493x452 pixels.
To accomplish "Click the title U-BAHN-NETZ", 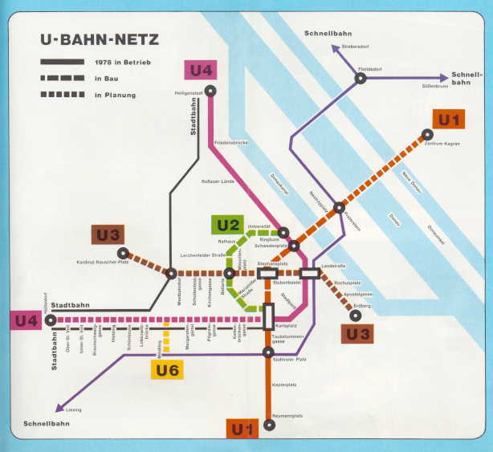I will click(100, 39).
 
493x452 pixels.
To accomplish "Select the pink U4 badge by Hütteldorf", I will click(25, 320).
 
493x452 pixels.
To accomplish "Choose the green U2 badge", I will click(226, 225).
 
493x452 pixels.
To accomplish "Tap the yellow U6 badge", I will click(167, 369).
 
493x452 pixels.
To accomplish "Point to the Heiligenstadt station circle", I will click(210, 92).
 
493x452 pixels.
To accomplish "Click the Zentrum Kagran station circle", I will click(428, 134).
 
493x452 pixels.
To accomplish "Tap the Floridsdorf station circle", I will click(361, 78).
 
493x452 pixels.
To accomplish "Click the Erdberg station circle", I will click(356, 315).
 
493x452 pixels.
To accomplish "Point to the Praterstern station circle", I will click(340, 208).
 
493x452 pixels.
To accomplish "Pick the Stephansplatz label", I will click(272, 263).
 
